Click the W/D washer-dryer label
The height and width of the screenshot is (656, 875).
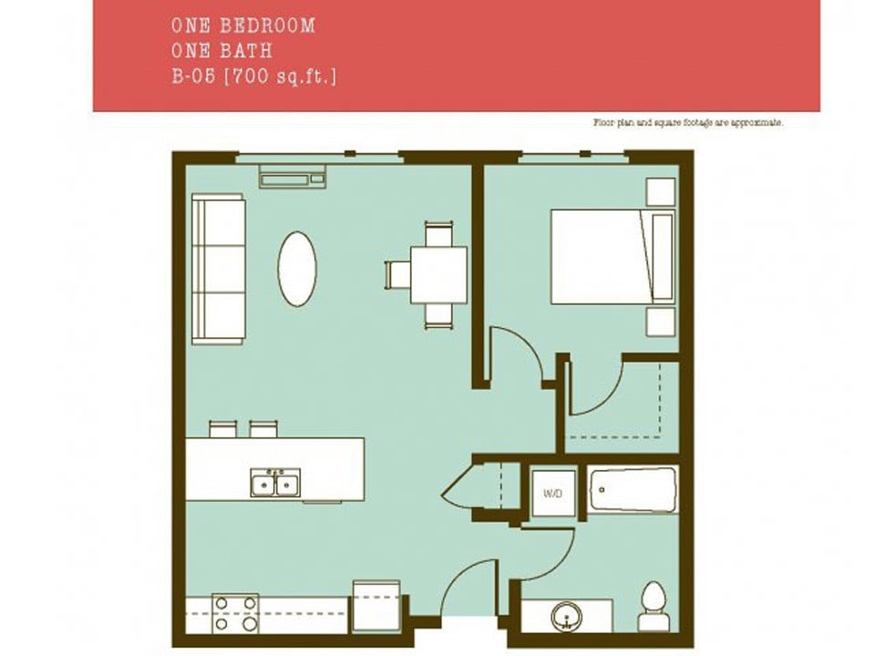552,494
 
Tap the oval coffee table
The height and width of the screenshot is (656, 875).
297,269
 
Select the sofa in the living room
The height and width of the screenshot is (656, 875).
219,269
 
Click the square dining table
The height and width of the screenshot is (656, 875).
438,274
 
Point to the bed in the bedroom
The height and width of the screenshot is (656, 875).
606,257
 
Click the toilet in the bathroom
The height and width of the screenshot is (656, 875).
653,606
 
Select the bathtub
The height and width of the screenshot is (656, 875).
632,490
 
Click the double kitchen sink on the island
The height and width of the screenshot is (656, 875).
275,484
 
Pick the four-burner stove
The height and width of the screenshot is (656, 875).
235,613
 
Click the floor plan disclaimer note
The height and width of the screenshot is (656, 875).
688,121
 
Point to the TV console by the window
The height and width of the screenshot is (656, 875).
293,176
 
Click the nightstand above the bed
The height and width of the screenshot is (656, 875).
660,191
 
